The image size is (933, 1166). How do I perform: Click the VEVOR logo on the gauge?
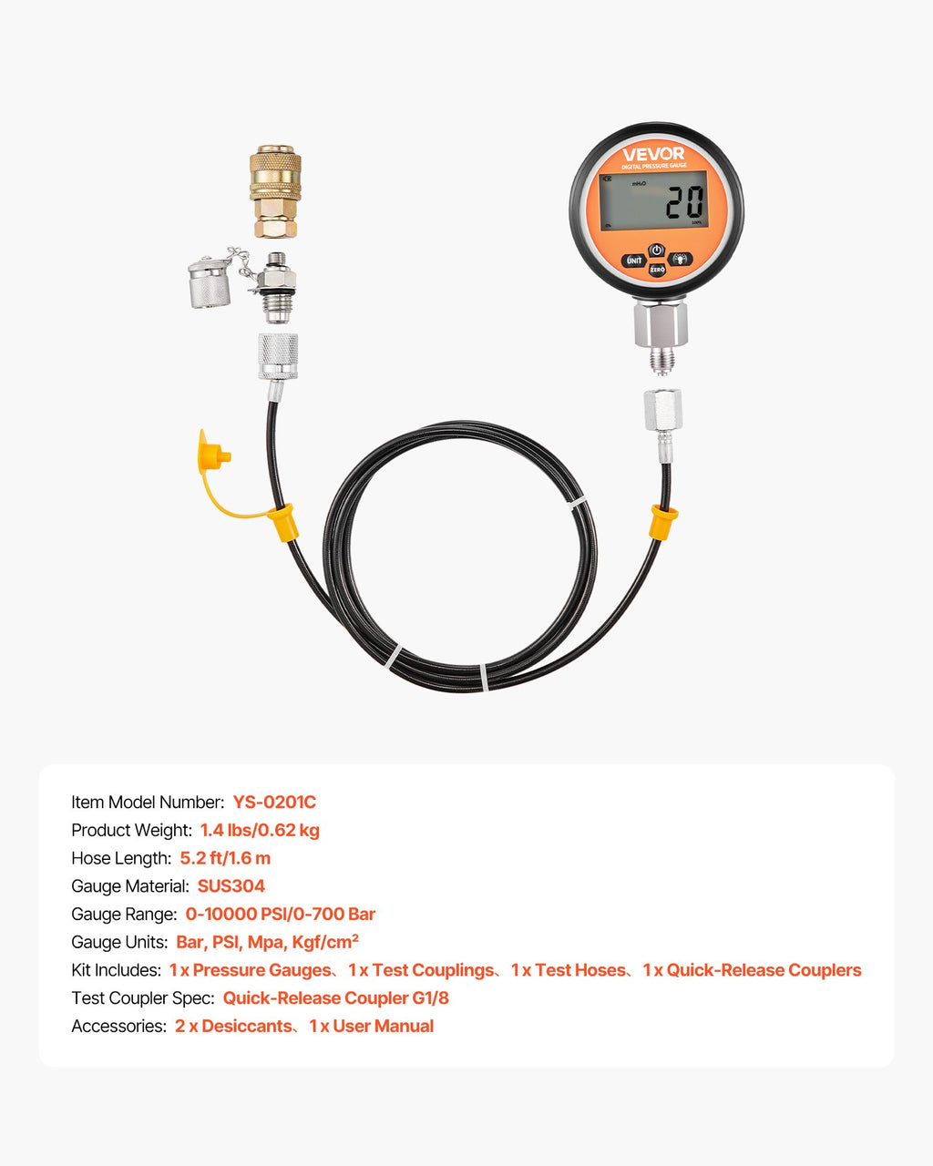[653, 154]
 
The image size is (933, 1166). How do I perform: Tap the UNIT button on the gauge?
[634, 261]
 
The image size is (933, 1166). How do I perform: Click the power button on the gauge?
[657, 251]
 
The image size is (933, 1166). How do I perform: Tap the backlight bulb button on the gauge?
[680, 259]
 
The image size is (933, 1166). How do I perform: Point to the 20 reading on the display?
[684, 202]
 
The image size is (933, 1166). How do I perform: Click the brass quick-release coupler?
[275, 191]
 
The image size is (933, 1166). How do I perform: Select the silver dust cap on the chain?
[209, 282]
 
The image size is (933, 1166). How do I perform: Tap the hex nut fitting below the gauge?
[661, 324]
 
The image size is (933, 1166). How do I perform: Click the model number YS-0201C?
[274, 802]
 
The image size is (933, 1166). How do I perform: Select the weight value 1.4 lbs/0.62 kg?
[260, 830]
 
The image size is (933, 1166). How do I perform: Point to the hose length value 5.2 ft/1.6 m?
[225, 858]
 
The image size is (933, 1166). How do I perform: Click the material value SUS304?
[231, 885]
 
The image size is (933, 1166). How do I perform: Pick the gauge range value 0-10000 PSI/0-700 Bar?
[281, 914]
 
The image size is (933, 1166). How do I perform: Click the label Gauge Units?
[119, 942]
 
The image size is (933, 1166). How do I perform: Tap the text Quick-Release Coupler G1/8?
[336, 998]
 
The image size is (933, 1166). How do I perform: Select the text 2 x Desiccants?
[233, 1027]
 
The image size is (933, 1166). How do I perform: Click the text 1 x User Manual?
[372, 1027]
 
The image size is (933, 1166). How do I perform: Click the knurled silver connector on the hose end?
[278, 356]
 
